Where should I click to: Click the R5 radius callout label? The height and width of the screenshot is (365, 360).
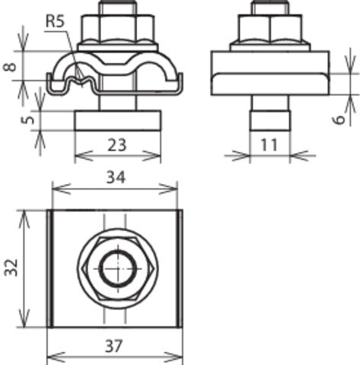coord(55,22)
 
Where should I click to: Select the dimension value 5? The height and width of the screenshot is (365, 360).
coord(8,120)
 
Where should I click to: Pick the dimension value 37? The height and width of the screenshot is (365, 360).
coord(114,345)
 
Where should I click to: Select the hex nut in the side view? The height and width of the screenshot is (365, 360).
coord(269,30)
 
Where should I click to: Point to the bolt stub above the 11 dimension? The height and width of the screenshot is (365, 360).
coord(269,121)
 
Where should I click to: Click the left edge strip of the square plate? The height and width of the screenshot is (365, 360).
coord(49,268)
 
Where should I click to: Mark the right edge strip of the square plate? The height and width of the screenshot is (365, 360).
coord(181,268)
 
